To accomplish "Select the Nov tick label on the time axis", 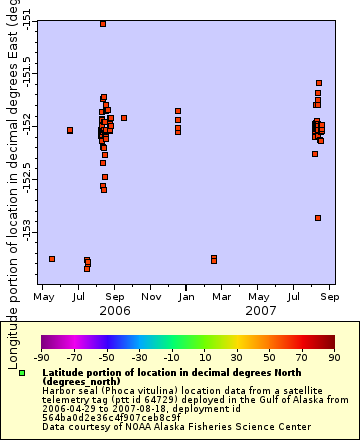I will [151, 297].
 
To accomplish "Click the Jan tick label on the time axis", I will [186, 297].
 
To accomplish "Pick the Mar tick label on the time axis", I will [222, 297].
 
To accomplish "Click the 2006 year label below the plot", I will [115, 311].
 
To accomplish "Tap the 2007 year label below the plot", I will [260, 311].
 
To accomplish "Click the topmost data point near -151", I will [103, 23].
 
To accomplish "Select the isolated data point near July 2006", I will [70, 130].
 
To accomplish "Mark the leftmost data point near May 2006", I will [52, 259].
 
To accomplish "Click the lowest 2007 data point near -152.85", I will [318, 217].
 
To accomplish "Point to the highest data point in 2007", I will [319, 83].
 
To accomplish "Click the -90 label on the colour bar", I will [41, 356].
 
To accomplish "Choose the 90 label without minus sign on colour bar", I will [333, 356].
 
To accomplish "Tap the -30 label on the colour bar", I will [139, 356].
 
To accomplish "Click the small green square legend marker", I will [22, 372].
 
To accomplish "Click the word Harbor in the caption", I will [59, 390].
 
